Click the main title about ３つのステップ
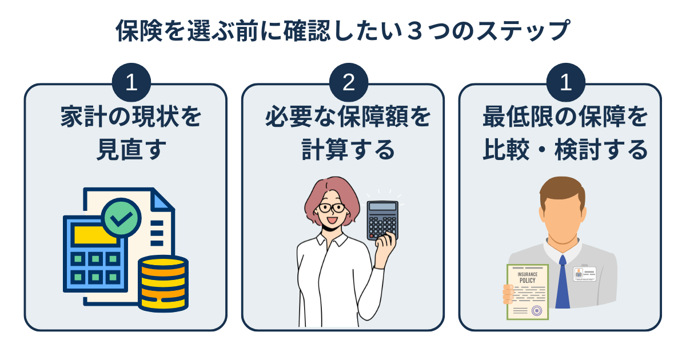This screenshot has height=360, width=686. (x=343, y=31)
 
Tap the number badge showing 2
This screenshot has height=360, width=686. (x=348, y=83)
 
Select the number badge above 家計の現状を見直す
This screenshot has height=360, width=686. (x=131, y=83)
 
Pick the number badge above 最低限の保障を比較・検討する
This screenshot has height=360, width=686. (x=565, y=83)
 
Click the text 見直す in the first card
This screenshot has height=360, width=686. (x=131, y=150)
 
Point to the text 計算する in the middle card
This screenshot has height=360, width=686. (x=348, y=150)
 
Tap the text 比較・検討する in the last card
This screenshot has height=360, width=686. (x=565, y=150)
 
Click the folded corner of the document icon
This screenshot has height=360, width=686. (x=162, y=199)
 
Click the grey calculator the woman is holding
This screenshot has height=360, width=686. (x=382, y=220)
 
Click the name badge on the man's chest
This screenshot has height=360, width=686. (x=585, y=273)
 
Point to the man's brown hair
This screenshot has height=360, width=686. (x=563, y=191)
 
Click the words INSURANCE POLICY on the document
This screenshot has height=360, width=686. (x=527, y=278)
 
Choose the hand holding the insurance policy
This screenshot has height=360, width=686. (x=508, y=295)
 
